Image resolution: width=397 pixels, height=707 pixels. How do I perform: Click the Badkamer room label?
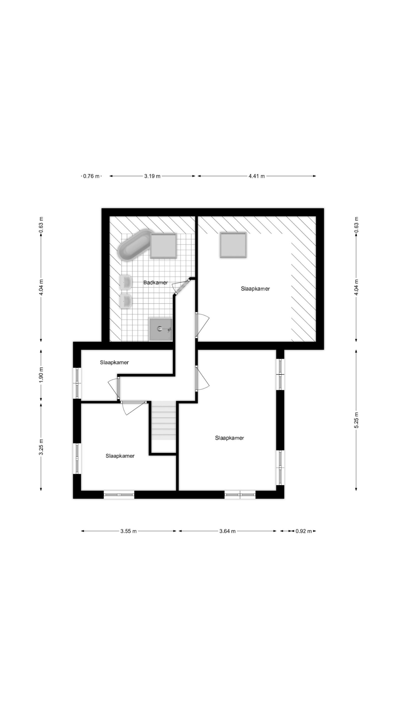[x=155, y=283]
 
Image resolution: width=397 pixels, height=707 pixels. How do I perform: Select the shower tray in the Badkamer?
[x=161, y=329]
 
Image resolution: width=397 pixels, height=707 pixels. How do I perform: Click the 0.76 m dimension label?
[x=91, y=176]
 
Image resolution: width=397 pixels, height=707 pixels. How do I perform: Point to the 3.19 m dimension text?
[x=152, y=176]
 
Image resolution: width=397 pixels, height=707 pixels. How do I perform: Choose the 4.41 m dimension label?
[x=257, y=176]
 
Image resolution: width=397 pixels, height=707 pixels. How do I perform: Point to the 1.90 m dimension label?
[x=41, y=375]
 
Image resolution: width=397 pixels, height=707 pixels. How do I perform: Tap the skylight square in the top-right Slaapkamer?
[x=233, y=245]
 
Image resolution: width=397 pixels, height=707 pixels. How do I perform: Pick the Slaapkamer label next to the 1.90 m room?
[x=114, y=362]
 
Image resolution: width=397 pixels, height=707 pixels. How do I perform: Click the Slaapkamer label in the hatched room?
[x=255, y=289]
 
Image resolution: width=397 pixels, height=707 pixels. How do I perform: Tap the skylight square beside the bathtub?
[x=163, y=246]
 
